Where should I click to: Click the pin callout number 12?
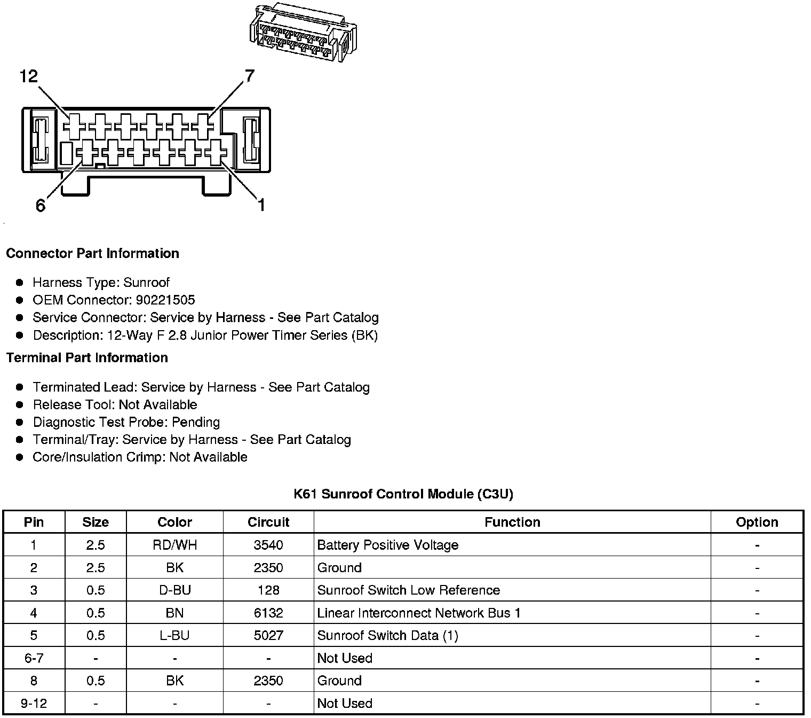click(x=29, y=77)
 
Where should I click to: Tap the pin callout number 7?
click(x=249, y=76)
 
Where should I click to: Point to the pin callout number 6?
click(x=41, y=206)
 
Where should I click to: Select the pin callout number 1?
click(x=261, y=205)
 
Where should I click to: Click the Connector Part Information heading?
click(x=92, y=253)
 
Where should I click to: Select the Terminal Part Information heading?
click(x=87, y=357)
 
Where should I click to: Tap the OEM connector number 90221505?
click(x=165, y=300)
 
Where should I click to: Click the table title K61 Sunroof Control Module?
click(x=403, y=494)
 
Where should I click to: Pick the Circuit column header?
click(x=268, y=522)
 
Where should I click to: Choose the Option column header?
click(x=757, y=522)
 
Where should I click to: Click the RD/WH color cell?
click(x=174, y=545)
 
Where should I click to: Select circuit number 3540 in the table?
click(x=268, y=545)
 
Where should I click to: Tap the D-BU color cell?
click(x=174, y=590)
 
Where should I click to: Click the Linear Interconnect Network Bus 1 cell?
click(x=419, y=613)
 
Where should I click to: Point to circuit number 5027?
click(x=268, y=635)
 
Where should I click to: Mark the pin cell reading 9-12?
click(x=34, y=703)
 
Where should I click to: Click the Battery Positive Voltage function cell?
click(x=388, y=545)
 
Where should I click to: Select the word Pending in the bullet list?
click(x=196, y=422)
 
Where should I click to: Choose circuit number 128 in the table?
click(x=268, y=590)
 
